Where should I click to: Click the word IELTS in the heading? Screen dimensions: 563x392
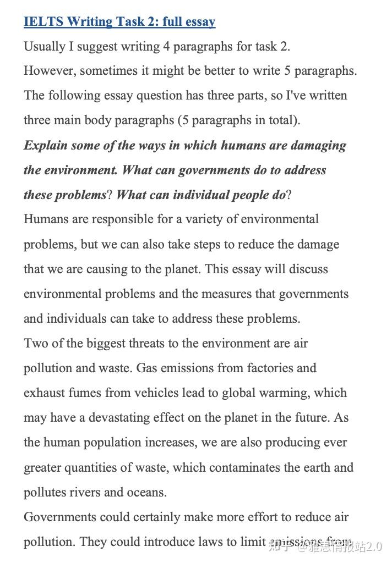pyautogui.click(x=42, y=22)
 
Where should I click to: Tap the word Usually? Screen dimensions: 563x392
pyautogui.click(x=44, y=47)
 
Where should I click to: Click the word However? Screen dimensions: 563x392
pyautogui.click(x=48, y=71)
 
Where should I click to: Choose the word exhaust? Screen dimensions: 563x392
pyautogui.click(x=43, y=393)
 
